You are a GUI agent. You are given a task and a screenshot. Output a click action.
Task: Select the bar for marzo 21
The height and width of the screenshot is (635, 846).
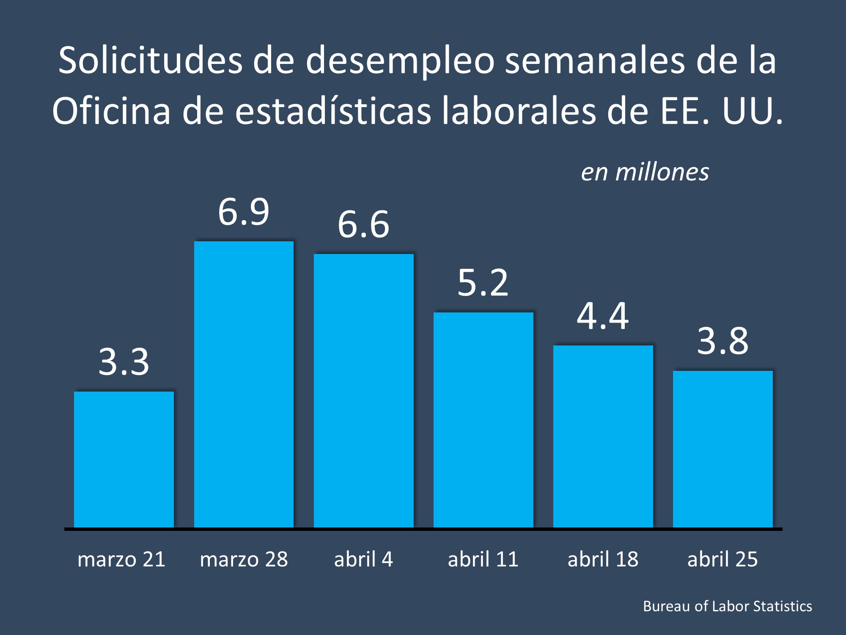[x=124, y=459]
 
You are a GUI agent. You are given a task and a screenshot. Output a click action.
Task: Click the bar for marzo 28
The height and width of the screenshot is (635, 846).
[x=244, y=384]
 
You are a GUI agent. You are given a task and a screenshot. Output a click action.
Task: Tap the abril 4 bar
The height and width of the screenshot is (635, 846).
[x=363, y=390]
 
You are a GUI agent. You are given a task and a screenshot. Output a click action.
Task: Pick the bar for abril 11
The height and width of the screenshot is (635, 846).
[x=483, y=420]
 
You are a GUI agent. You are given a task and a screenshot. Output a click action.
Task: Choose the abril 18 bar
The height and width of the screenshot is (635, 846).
[x=603, y=436]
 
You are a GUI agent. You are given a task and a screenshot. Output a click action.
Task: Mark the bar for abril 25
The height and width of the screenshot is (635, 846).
[x=722, y=449]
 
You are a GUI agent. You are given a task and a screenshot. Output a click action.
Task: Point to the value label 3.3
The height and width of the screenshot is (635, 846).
[x=124, y=362]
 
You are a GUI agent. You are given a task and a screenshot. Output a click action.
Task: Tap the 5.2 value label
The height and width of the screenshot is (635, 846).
[x=483, y=283]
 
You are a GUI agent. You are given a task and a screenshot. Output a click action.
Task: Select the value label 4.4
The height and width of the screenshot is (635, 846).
[x=603, y=316]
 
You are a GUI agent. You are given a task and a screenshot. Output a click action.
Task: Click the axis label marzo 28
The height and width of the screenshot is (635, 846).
[x=244, y=559]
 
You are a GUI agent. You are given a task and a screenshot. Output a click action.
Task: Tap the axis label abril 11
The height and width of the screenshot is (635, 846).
[x=483, y=559]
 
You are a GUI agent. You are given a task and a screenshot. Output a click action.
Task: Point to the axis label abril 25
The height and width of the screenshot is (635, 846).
[x=722, y=559]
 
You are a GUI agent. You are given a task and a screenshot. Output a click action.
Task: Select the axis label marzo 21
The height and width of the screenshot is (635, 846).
[x=121, y=559]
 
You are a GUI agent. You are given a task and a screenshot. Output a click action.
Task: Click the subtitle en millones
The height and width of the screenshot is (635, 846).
[x=645, y=172]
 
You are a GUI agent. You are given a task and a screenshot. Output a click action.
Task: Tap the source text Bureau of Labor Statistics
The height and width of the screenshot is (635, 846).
[x=727, y=606]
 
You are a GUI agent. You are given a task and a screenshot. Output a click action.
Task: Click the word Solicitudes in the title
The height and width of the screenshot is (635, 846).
[x=150, y=61]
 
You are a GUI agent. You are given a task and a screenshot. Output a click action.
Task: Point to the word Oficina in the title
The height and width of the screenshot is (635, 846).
[x=111, y=111]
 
